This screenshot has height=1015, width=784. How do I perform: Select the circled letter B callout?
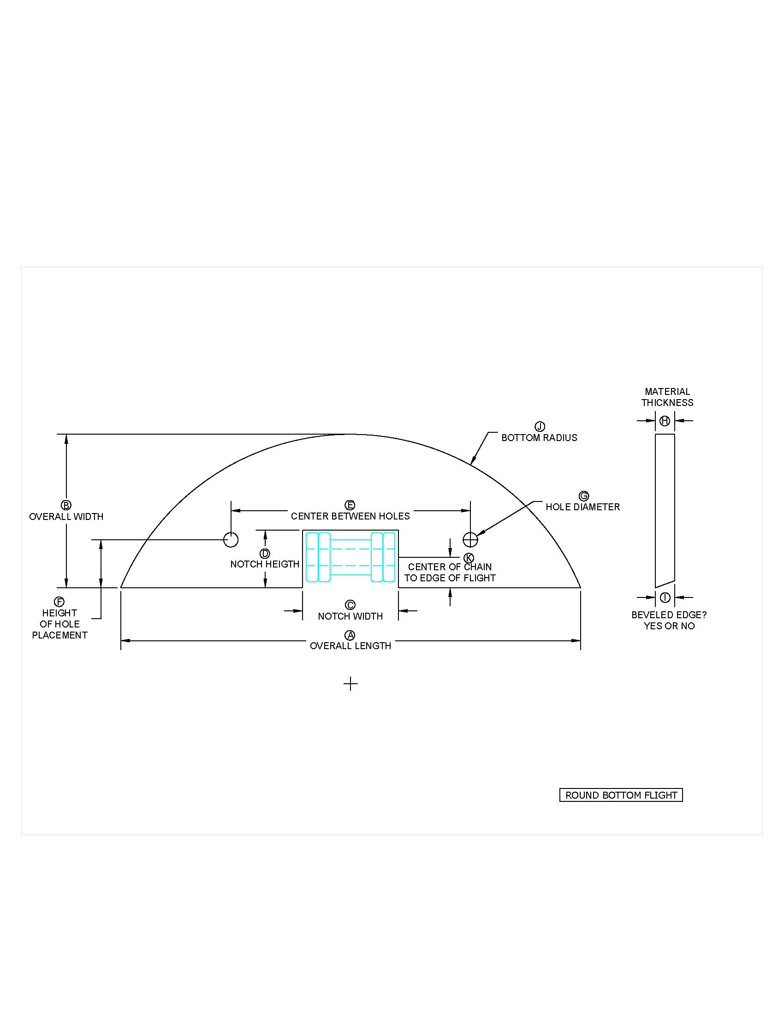(66, 505)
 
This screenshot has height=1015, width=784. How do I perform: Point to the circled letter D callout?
(265, 554)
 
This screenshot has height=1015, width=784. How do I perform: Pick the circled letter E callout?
(350, 505)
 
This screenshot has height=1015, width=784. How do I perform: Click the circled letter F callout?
(59, 602)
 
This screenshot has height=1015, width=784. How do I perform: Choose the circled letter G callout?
(584, 496)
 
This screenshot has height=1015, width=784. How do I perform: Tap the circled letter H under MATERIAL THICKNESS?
(665, 421)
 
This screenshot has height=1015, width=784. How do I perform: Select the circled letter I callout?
(665, 597)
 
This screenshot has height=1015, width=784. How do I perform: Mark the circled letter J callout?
(540, 427)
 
